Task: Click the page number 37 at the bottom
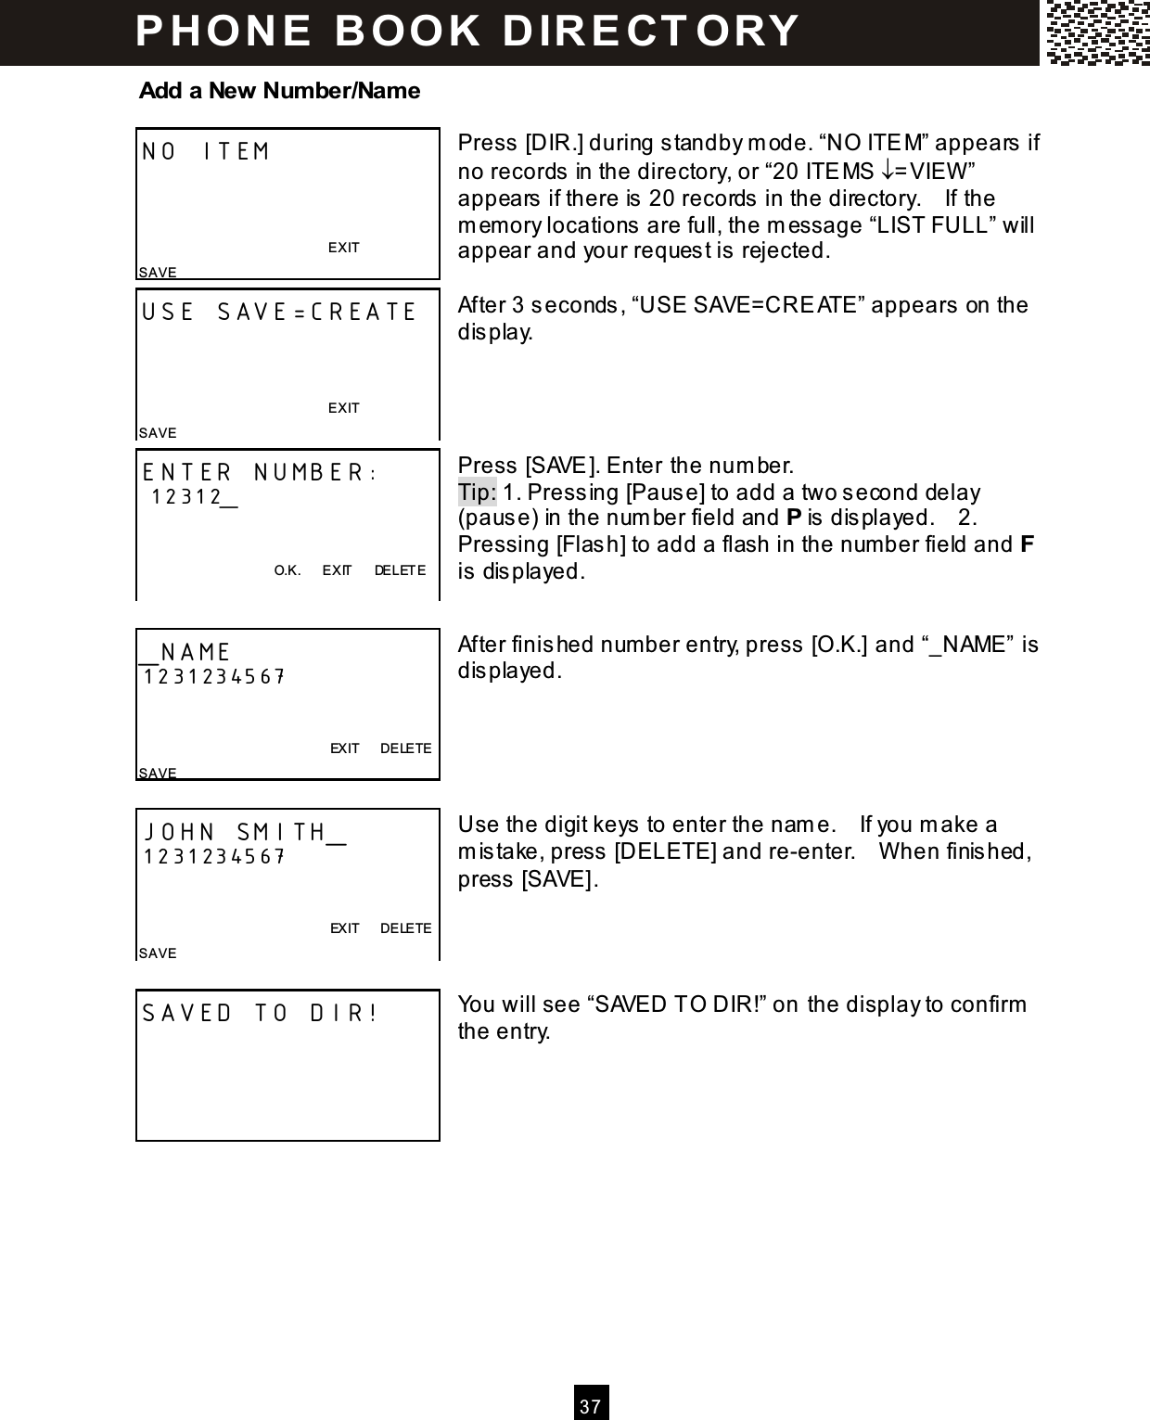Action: [x=591, y=1405]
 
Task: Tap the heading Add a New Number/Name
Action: [x=279, y=91]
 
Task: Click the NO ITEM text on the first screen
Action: [x=206, y=152]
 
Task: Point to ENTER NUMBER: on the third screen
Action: [x=259, y=473]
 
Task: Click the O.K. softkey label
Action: [x=287, y=570]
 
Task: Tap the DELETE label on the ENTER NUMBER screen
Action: [x=401, y=570]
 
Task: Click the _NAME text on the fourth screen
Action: [x=185, y=653]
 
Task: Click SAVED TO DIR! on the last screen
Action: [x=261, y=1013]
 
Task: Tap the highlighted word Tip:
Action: [x=478, y=492]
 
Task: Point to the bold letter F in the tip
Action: [x=1028, y=544]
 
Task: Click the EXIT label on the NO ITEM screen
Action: [x=344, y=248]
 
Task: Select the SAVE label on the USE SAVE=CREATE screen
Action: [x=158, y=433]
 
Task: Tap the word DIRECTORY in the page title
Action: [x=651, y=31]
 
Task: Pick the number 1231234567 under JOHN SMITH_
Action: [x=213, y=857]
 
